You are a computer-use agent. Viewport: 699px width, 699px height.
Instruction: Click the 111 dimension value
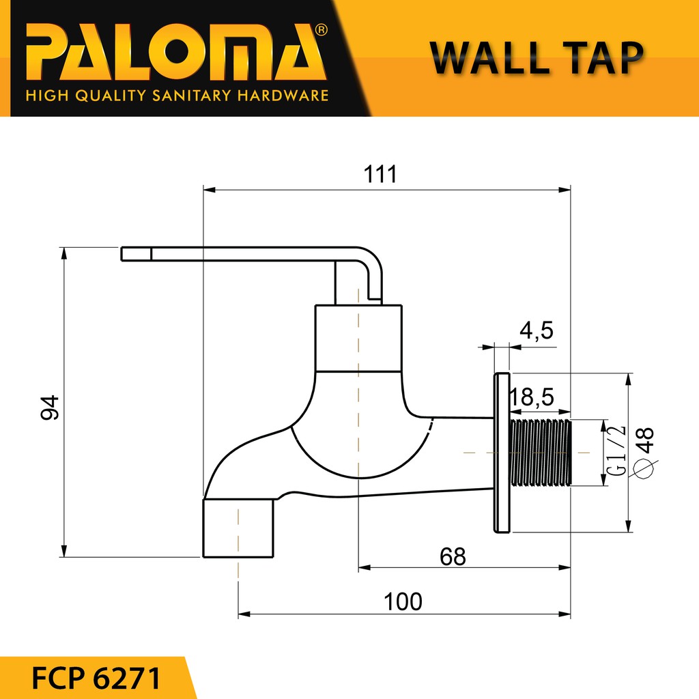point(380,174)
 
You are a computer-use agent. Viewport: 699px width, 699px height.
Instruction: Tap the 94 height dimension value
point(49,408)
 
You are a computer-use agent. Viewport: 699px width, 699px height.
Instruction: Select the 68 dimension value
point(453,557)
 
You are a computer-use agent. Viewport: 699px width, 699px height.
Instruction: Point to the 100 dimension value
point(403,602)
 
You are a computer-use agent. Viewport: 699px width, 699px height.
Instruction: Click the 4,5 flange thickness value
point(537,331)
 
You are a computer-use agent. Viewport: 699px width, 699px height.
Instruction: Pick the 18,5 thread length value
point(532,397)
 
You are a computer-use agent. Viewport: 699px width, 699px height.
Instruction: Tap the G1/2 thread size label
point(616,451)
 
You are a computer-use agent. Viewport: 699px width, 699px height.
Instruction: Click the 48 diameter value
point(646,440)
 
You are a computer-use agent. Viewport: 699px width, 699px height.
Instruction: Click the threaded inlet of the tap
point(541,453)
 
